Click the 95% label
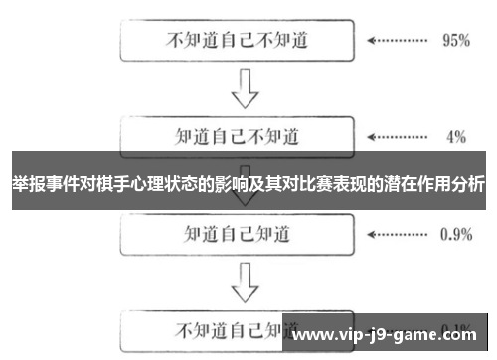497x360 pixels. [x=455, y=42]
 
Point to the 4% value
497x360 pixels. [x=456, y=135]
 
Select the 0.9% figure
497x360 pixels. [x=455, y=235]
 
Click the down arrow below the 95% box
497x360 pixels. [x=245, y=90]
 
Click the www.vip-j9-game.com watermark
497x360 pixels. [x=389, y=335]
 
